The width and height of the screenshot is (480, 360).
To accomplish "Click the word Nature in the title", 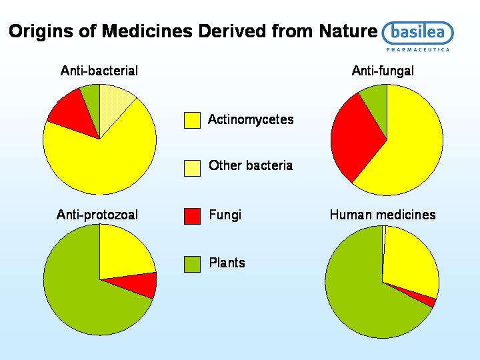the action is [348, 31].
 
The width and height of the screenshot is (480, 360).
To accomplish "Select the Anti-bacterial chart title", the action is [99, 71].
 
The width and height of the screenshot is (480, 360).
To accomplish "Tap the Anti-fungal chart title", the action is [383, 71].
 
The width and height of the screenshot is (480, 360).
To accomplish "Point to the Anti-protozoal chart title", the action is [97, 215].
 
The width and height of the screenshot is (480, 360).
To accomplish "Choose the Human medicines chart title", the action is [383, 215].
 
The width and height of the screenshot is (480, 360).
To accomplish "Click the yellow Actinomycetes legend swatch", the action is [192, 120].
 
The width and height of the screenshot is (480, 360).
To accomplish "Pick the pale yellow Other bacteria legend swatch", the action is [192, 168].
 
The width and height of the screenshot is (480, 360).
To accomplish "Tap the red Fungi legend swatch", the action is [192, 216].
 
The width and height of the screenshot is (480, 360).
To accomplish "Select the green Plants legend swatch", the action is [192, 264].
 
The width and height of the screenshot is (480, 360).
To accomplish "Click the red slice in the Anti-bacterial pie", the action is [73, 113].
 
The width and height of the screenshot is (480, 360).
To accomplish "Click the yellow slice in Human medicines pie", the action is [410, 260].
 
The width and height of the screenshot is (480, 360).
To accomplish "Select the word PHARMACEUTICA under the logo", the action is [418, 49].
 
